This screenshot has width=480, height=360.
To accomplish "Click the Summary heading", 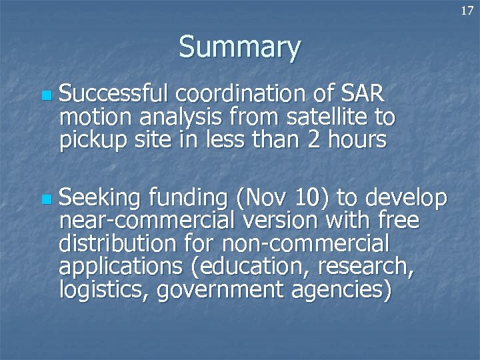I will [x=240, y=47].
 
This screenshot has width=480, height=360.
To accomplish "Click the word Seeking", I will [x=100, y=198].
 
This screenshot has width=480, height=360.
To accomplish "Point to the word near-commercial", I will [x=133, y=221].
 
